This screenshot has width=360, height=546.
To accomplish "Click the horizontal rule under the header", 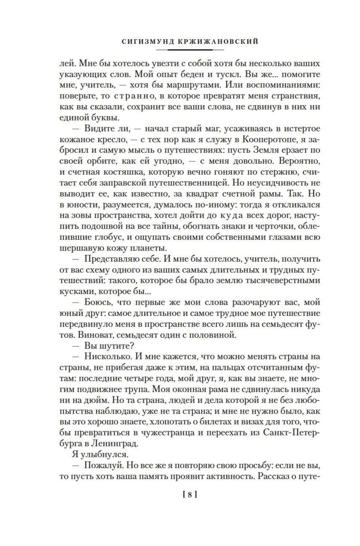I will (190, 50).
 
